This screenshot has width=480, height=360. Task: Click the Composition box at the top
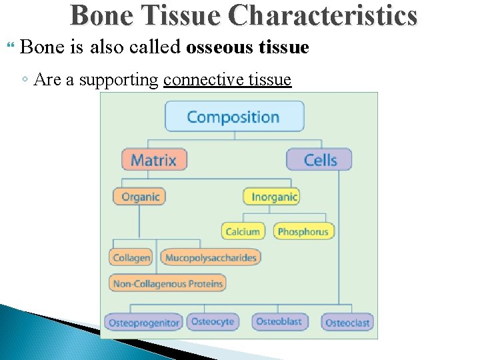(x=234, y=117)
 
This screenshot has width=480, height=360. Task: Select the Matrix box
(x=154, y=160)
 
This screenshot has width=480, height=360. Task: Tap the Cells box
(x=319, y=160)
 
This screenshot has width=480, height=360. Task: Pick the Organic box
(x=139, y=197)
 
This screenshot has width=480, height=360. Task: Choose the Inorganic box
(x=272, y=197)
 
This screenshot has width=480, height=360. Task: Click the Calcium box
(x=243, y=231)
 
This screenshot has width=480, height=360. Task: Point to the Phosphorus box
(x=303, y=231)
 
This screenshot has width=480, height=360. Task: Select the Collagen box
(x=131, y=257)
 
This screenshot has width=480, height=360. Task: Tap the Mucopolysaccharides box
(x=211, y=257)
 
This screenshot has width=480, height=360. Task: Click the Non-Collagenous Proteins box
(x=168, y=283)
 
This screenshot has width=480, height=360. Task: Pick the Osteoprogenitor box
(x=144, y=323)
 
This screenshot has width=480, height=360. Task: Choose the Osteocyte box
(x=213, y=321)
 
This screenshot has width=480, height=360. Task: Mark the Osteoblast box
(x=279, y=321)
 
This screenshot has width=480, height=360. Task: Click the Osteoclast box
(x=347, y=323)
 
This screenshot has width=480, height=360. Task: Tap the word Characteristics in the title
(x=323, y=16)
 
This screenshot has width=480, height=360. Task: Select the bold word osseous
(x=220, y=48)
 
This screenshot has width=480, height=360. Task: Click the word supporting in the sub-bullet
(x=119, y=81)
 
